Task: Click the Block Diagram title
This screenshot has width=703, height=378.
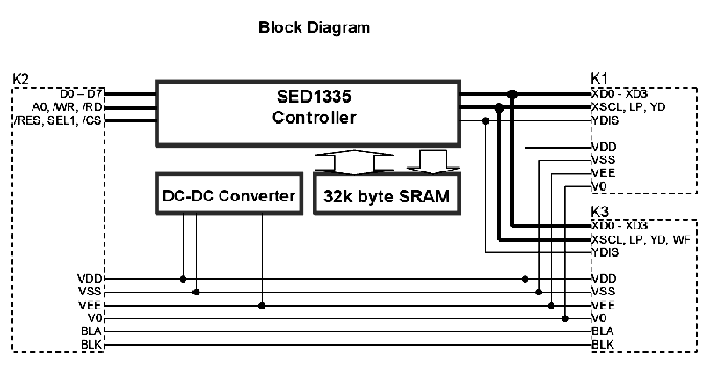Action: (x=314, y=27)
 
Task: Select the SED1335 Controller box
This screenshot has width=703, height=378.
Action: (x=308, y=114)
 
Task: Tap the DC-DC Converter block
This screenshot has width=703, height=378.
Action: (x=228, y=193)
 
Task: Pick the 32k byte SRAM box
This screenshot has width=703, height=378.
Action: (x=387, y=193)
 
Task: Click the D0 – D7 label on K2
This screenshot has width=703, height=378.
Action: (x=81, y=94)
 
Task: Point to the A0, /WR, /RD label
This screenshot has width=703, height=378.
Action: (x=67, y=107)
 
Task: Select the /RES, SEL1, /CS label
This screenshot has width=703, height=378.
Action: (x=58, y=120)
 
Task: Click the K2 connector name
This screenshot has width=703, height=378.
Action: (x=20, y=79)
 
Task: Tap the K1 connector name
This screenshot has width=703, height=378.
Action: (x=599, y=78)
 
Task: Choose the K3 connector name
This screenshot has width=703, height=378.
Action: (x=600, y=211)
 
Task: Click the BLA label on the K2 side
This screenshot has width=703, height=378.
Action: (x=91, y=331)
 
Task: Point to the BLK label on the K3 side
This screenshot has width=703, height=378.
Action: (x=603, y=345)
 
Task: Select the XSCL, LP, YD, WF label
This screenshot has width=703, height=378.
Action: (x=641, y=239)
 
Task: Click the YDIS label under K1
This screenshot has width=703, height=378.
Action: (x=605, y=120)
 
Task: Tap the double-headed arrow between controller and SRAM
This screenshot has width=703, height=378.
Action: (x=354, y=163)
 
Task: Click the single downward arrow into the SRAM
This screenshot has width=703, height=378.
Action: (x=433, y=163)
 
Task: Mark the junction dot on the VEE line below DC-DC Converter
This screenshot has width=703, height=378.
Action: (x=262, y=306)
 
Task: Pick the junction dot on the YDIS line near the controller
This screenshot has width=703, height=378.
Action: (x=486, y=121)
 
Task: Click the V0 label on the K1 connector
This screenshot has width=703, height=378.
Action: (x=599, y=186)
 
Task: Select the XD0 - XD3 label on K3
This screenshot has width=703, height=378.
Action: (x=620, y=225)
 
